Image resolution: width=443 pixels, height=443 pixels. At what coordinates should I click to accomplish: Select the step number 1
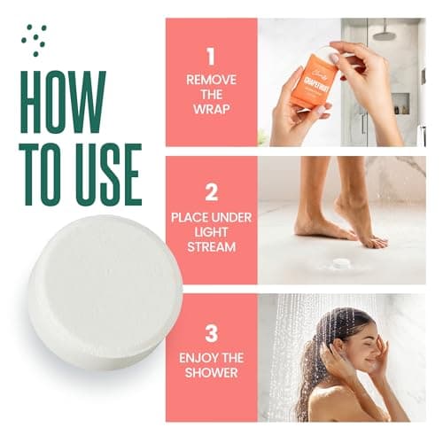(210, 58)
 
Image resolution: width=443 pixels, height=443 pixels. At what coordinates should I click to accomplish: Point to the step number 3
(211, 334)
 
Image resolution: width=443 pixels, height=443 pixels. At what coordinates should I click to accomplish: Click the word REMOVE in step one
(210, 80)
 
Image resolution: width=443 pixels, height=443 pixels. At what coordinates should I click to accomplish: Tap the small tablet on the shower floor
(339, 262)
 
